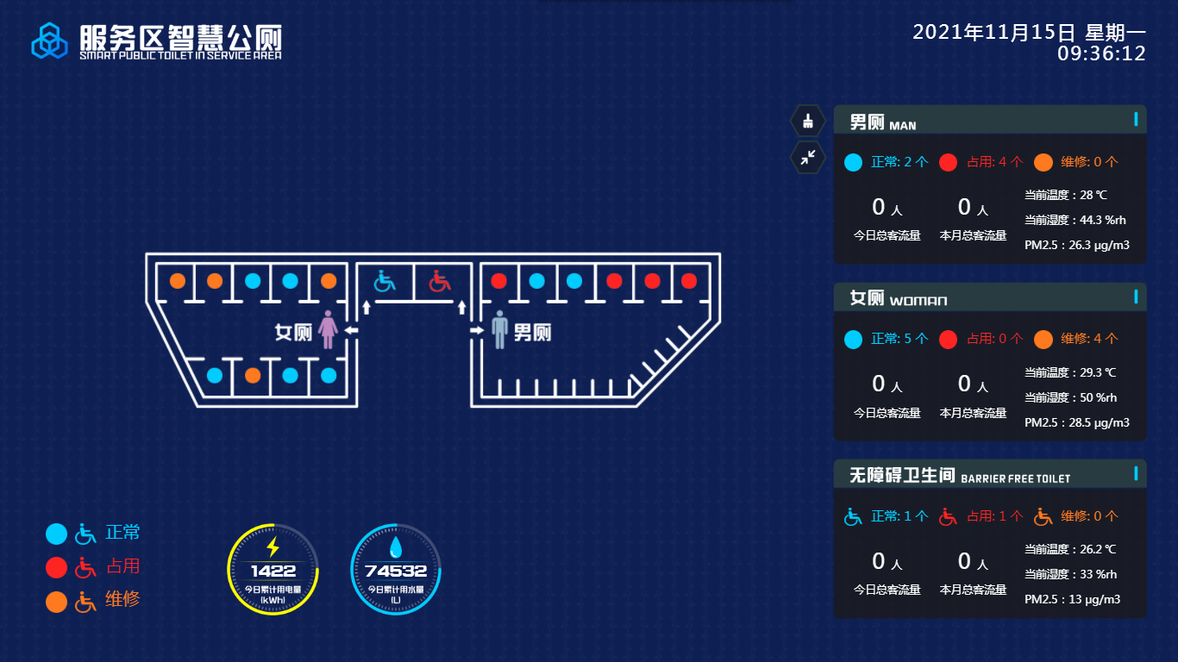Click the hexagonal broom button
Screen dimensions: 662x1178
tap(808, 121)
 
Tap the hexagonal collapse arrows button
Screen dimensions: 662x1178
tap(808, 157)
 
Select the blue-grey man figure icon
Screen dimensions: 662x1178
tap(499, 330)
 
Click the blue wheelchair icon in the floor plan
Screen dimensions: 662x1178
tap(384, 281)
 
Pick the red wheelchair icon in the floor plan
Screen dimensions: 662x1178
tap(441, 281)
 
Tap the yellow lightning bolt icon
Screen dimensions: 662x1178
tap(273, 547)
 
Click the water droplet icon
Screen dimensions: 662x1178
tap(396, 547)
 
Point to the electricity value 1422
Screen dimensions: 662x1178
tap(273, 571)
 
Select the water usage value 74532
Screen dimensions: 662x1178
tap(396, 571)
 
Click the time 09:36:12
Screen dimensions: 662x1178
tap(1101, 53)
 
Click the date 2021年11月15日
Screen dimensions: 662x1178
tap(994, 33)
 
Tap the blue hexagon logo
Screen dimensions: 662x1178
tap(49, 41)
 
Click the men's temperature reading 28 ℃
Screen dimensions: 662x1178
tap(1087, 195)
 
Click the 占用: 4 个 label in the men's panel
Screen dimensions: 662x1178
tap(995, 161)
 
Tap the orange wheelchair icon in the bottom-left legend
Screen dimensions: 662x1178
tap(85, 602)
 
